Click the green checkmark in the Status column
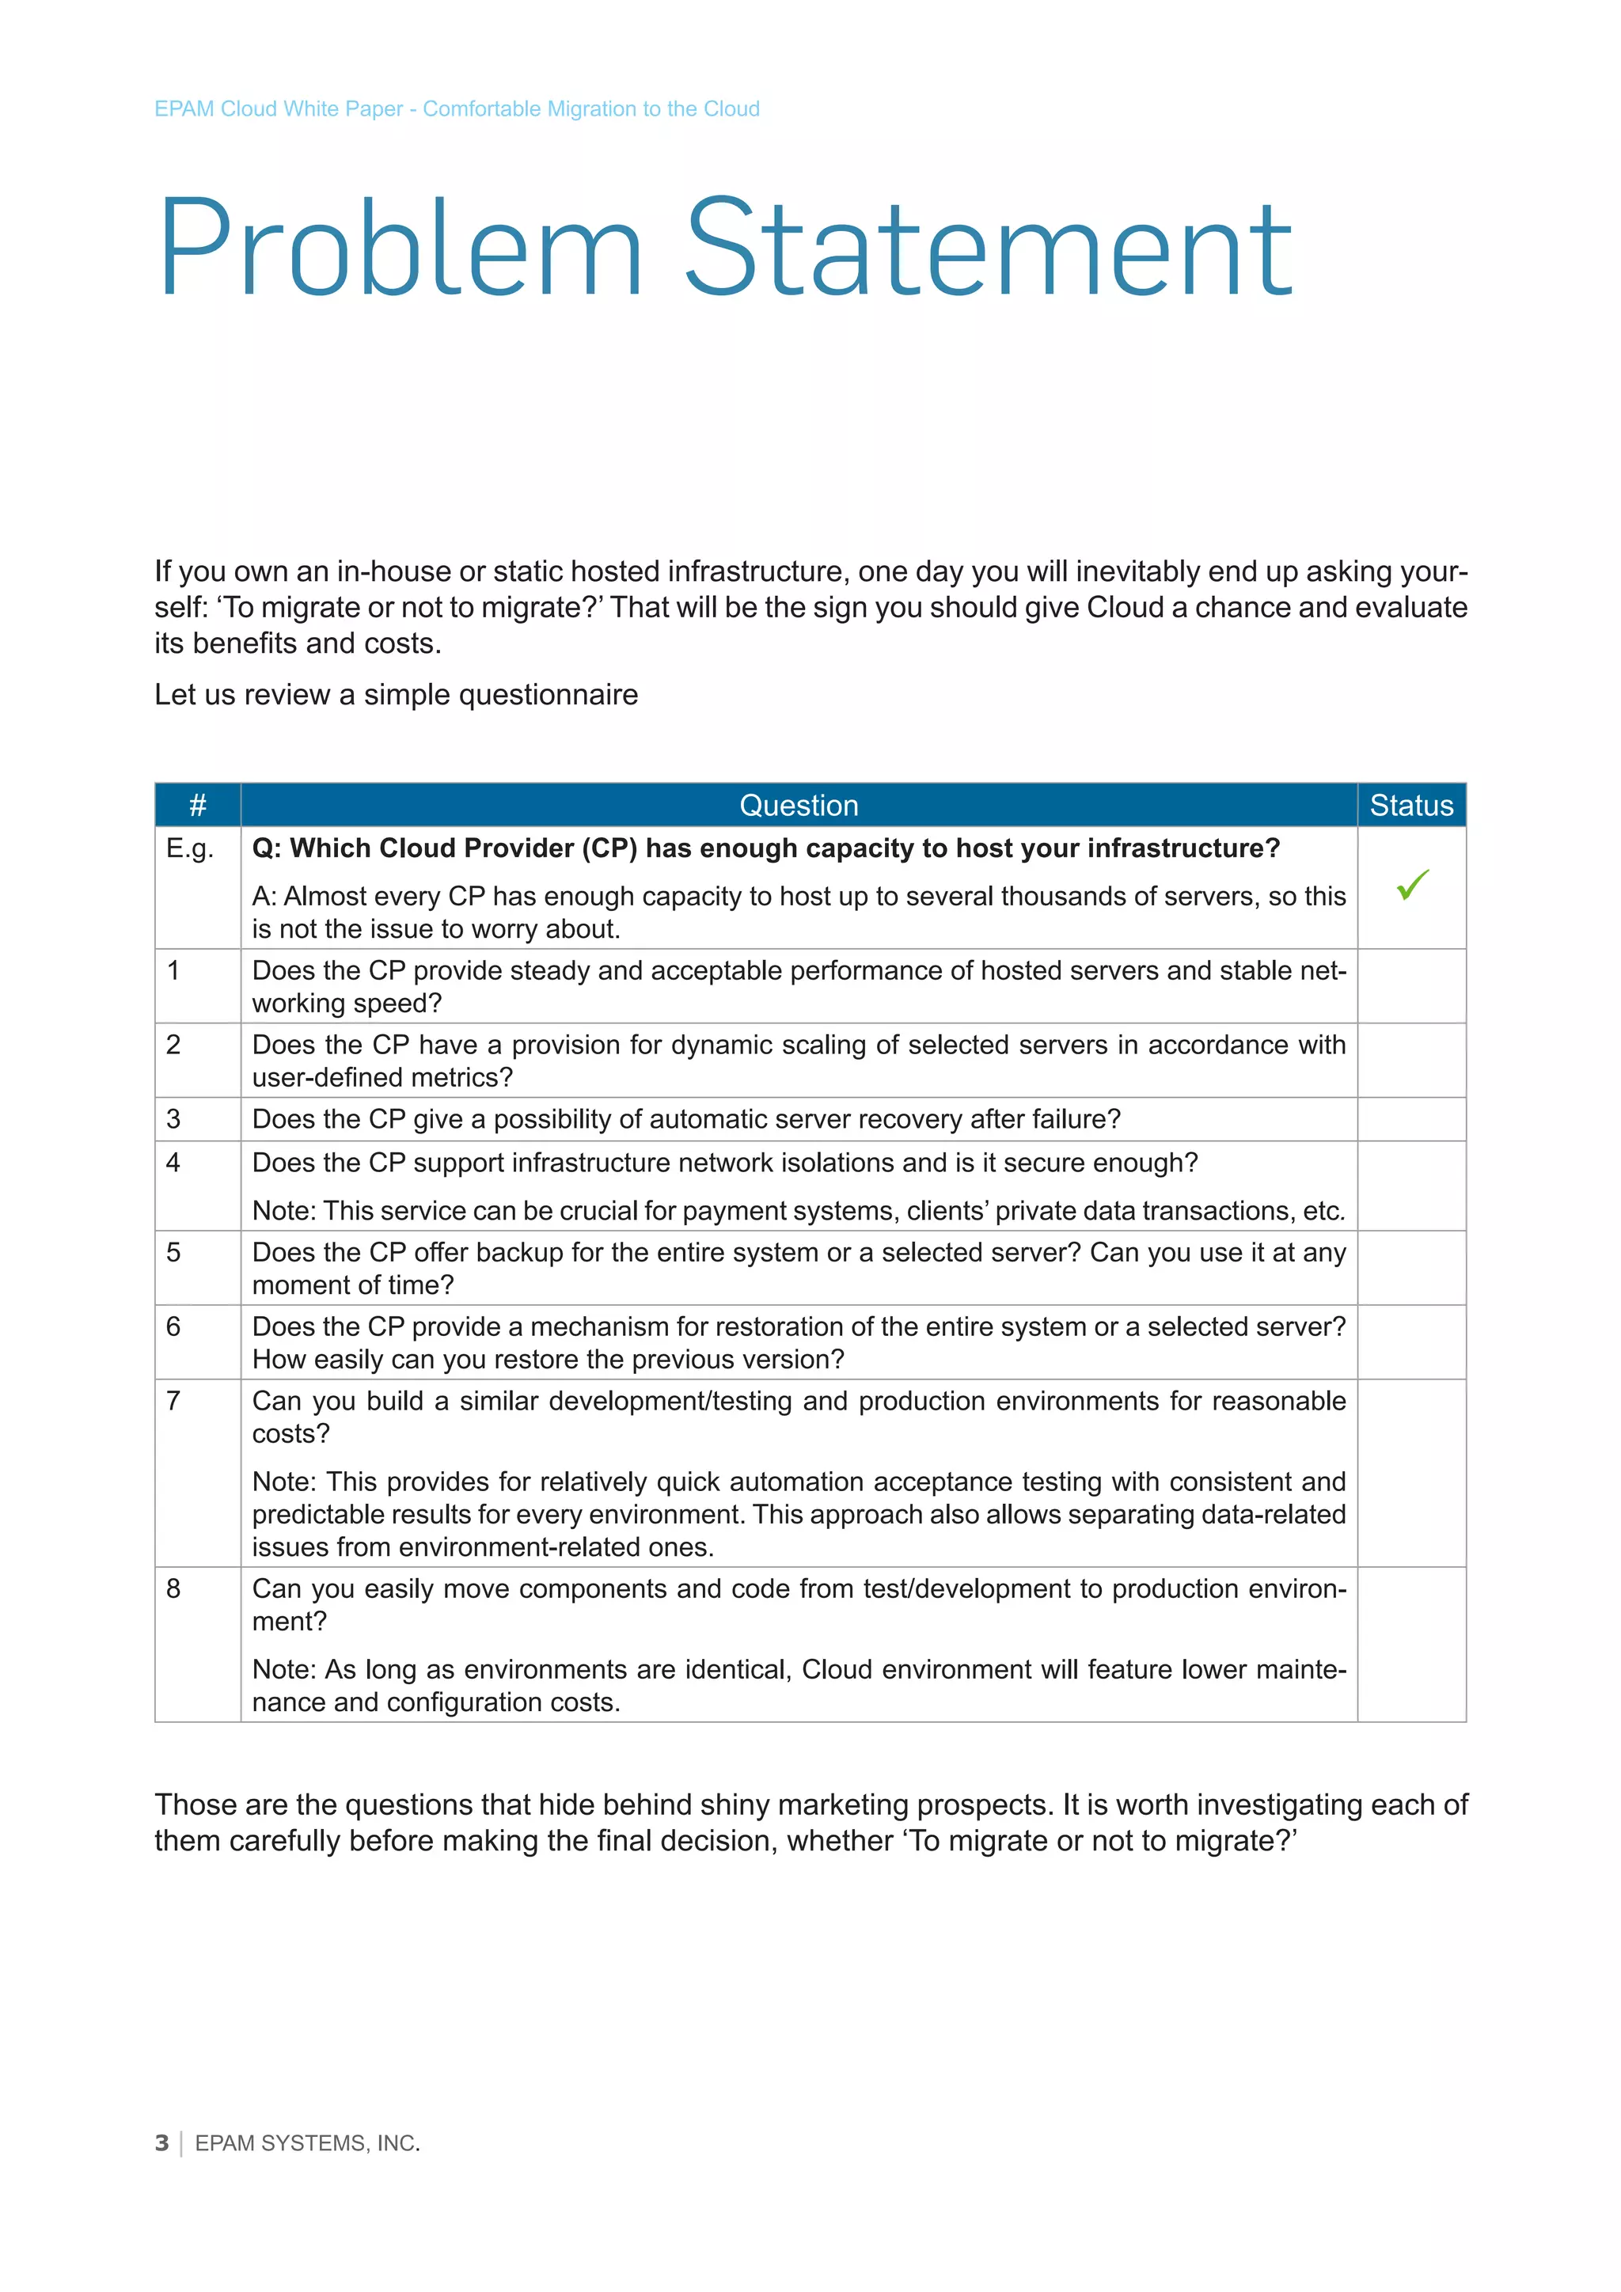click(1412, 885)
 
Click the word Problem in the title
click(399, 249)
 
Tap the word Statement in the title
click(988, 249)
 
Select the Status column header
click(1411, 806)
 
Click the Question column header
click(799, 806)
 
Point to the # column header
click(198, 806)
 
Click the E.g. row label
click(190, 848)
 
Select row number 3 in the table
click(173, 1119)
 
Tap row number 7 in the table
click(173, 1402)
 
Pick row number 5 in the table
click(173, 1253)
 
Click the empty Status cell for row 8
click(1411, 1644)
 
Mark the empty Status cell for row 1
click(1411, 986)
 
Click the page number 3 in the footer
click(161, 2143)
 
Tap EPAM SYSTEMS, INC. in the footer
click(307, 2143)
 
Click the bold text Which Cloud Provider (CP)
click(463, 848)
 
